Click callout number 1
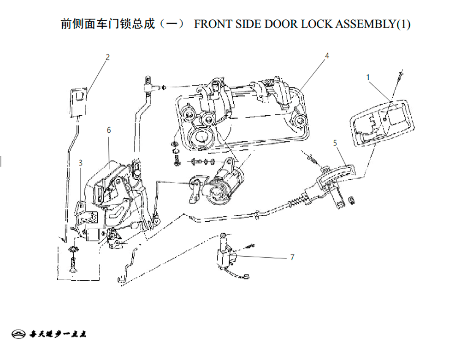pos(368,77)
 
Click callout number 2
pos(107,57)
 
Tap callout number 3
pos(81,163)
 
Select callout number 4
pos(327,56)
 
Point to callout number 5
pos(335,143)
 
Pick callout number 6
pos(109,130)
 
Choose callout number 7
pos(292,257)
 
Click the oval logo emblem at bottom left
pos(18,334)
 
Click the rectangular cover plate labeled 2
pos(78,102)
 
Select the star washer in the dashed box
pos(73,249)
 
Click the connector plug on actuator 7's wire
pos(246,276)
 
